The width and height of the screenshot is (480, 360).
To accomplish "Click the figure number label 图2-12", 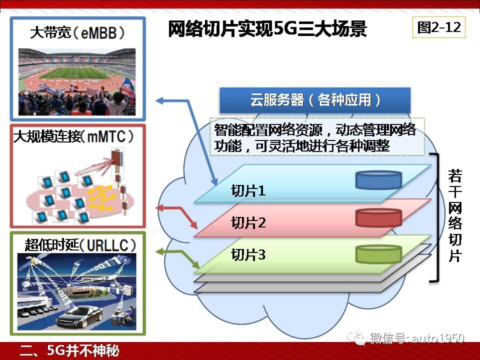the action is coord(438,27).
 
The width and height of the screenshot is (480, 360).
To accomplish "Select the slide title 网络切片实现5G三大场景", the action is coord(267,29).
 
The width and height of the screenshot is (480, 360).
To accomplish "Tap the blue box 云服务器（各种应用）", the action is coord(315,100).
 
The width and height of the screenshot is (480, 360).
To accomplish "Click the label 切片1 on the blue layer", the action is coord(248,190).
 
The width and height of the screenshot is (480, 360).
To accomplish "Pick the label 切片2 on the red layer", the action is coord(248,222).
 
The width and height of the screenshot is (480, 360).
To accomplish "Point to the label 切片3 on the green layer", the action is coord(248,254).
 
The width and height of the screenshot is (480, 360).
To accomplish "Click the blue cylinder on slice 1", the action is coord(378,179).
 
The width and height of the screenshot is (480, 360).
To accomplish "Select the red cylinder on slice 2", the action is coord(378,217).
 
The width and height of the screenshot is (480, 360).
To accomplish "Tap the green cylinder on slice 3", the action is coord(378,254).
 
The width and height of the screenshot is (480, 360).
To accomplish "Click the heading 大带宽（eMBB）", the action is coord(77,33).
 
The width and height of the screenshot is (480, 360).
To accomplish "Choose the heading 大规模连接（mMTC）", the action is coord(73,136).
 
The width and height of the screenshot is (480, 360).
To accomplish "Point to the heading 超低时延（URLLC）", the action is coord(80,245).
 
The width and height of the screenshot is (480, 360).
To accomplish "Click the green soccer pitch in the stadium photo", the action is coord(75,73).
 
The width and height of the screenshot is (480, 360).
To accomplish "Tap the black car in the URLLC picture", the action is coord(79,317).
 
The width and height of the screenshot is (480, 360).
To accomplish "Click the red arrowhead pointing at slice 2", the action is coord(194,225).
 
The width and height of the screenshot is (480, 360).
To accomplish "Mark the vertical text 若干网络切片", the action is coord(455,215).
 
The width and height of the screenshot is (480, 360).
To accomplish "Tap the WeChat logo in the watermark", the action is coord(356,338).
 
